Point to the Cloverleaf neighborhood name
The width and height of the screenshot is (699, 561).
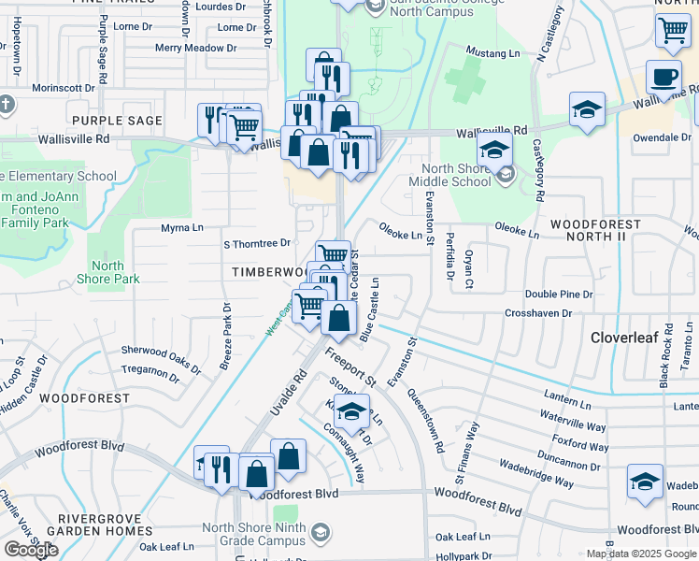625,338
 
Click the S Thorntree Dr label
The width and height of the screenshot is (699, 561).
257,244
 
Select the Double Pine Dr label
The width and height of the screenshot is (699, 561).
559,295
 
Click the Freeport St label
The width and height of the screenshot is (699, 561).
349,367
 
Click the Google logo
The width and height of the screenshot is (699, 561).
31,550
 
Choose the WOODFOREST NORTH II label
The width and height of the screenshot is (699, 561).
595,231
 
